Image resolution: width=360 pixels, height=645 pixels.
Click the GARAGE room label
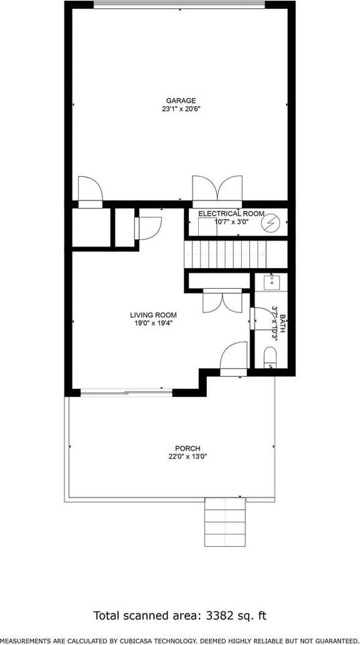181,101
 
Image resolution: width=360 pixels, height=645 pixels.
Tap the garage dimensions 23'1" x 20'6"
181,110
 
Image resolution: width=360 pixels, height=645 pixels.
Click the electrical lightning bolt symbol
272,222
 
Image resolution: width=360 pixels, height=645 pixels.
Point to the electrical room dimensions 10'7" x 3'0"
232,221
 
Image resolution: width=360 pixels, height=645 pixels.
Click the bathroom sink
272,281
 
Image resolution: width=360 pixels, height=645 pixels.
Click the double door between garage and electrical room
216,188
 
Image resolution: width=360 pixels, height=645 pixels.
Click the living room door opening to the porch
235,356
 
